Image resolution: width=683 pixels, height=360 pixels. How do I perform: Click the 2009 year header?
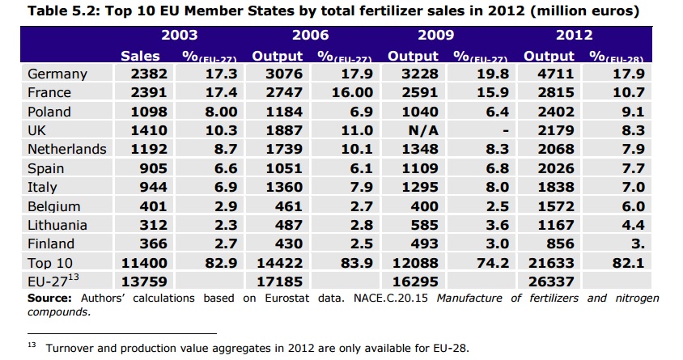436,36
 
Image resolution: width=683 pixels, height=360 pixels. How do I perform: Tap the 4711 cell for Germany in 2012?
549,74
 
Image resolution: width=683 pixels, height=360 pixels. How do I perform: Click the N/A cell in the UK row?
422,130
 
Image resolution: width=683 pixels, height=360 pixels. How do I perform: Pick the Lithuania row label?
62,225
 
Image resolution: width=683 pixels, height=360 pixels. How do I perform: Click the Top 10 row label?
51,263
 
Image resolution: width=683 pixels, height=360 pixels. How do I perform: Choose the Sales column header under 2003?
140,57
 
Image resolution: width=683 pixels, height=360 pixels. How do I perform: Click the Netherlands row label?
66,150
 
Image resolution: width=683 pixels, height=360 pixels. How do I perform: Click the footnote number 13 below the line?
32,345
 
